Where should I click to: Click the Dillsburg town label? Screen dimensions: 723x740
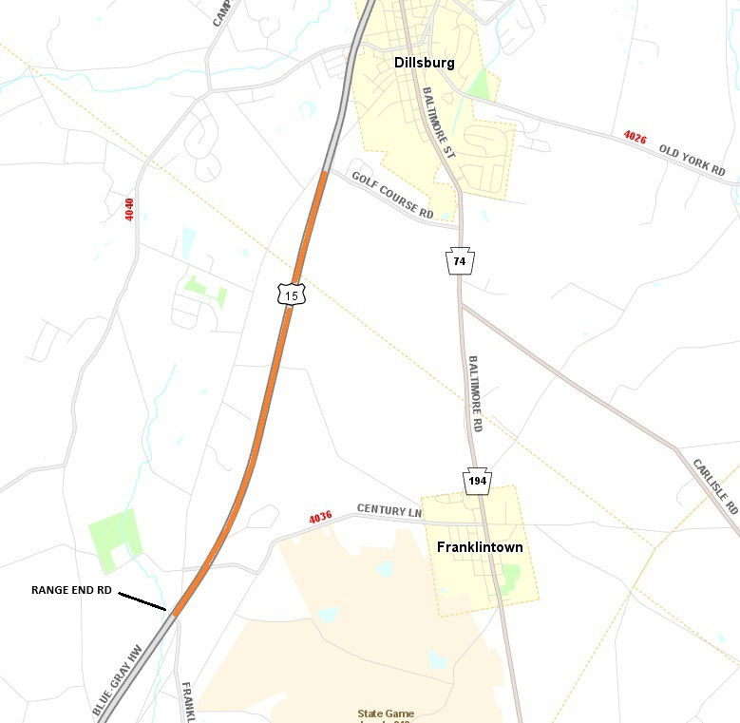425,63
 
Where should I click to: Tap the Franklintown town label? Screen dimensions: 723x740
480,547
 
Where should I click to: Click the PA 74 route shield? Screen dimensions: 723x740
460,260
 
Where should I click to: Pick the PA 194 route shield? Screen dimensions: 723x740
478,482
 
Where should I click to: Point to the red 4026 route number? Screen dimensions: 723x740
636,138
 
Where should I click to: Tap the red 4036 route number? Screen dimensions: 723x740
320,518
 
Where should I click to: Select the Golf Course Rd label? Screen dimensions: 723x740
392,196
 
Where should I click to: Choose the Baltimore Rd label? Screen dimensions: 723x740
475,393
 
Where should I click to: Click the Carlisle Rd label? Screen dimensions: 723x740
715,485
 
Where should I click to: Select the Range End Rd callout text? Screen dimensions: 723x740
71,590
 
